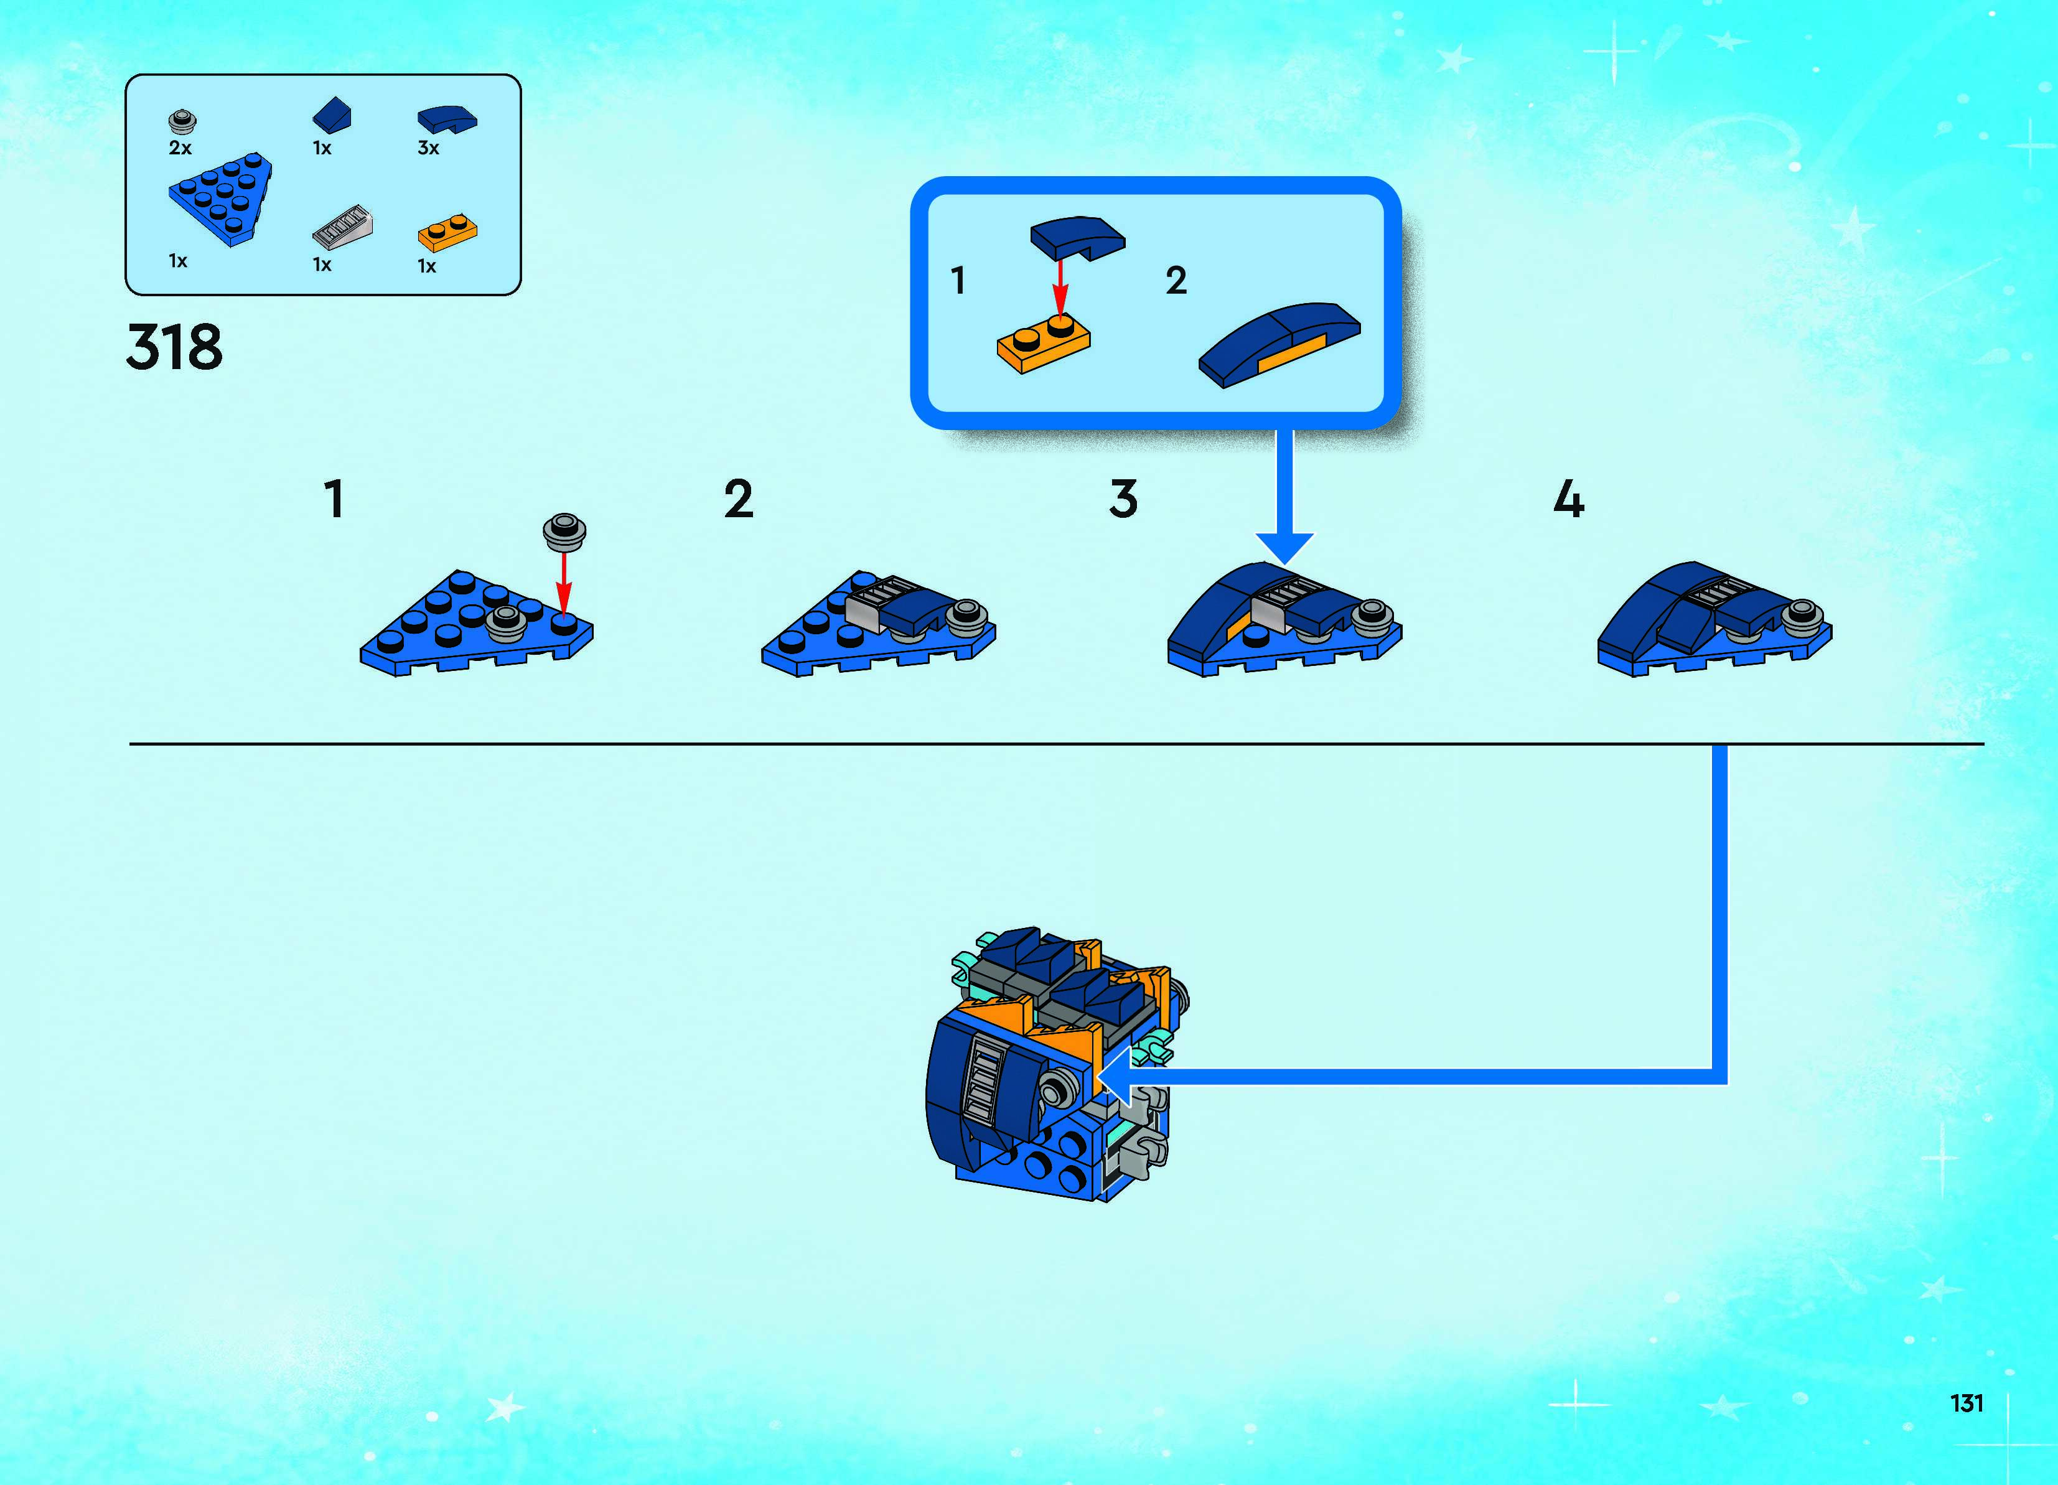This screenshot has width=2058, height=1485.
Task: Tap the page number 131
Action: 1967,1403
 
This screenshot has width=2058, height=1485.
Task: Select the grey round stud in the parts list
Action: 182,121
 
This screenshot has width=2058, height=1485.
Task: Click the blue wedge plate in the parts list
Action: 220,199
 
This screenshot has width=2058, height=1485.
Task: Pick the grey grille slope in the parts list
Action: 342,227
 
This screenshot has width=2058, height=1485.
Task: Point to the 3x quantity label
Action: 428,148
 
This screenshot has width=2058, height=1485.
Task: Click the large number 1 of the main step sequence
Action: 335,499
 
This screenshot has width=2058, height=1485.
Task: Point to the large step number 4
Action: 1569,499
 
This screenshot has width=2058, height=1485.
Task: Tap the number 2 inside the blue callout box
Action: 1176,281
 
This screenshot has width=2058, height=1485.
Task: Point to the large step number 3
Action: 1123,499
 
